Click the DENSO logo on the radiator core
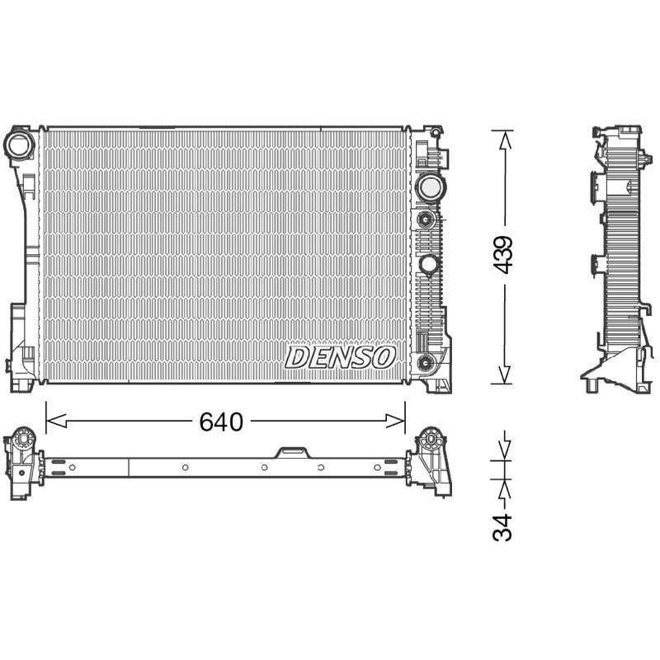click(x=340, y=357)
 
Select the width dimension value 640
click(x=221, y=422)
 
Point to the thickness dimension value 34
click(x=502, y=526)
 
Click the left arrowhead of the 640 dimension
click(x=56, y=421)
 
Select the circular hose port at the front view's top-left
click(x=19, y=144)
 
